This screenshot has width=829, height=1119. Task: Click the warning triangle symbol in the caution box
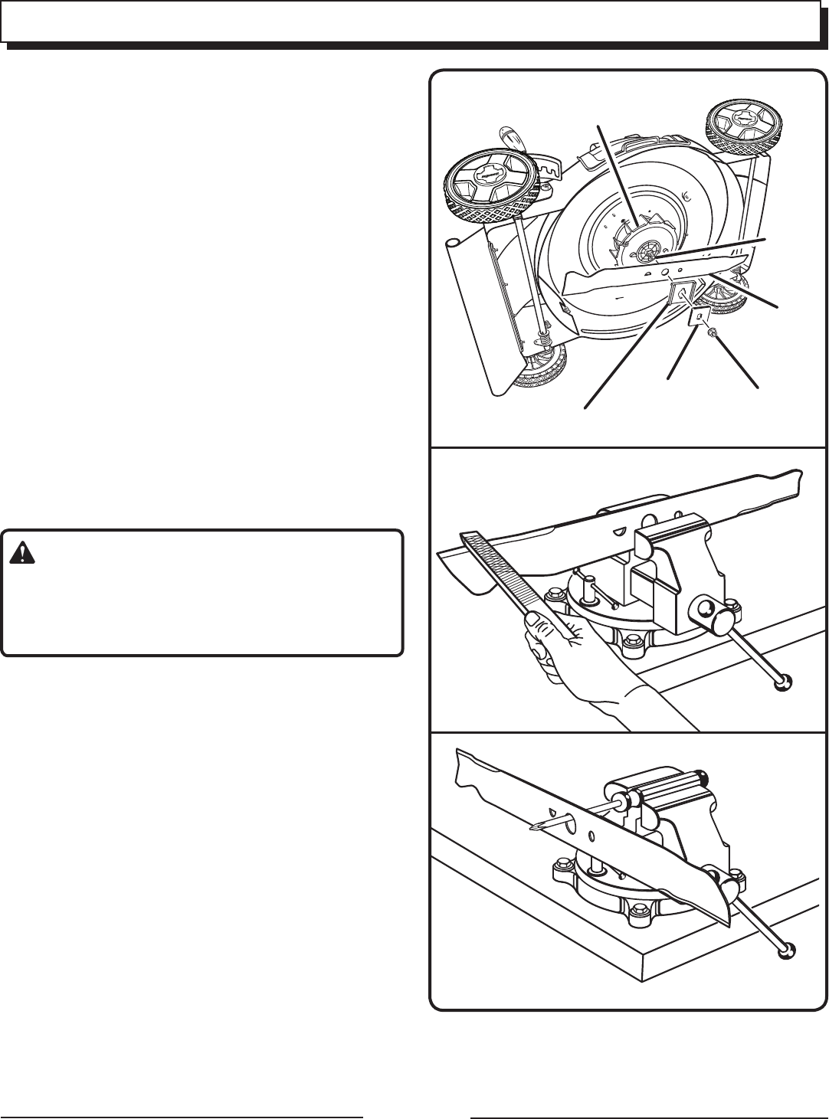point(24,554)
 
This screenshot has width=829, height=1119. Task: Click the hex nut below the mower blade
point(712,332)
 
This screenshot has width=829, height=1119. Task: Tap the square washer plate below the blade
point(700,316)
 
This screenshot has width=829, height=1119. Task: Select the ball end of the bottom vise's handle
point(786,950)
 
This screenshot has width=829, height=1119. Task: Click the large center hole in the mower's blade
point(663,271)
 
